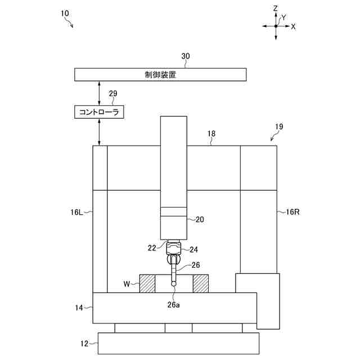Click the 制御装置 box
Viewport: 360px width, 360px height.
point(160,75)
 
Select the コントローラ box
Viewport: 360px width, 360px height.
point(99,112)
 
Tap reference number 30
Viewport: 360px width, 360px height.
point(186,56)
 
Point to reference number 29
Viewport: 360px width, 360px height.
point(113,93)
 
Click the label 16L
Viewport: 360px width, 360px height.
point(77,213)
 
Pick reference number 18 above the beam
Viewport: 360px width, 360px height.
point(211,134)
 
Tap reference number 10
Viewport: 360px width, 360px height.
point(65,12)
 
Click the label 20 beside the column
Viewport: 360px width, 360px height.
point(199,220)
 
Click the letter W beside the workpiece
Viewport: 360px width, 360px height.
point(127,283)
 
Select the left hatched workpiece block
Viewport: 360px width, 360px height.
point(147,283)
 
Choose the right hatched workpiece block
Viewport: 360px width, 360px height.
point(200,283)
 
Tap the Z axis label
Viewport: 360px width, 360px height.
point(276,8)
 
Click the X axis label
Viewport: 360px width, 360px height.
point(294,26)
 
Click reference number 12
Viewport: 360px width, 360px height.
point(84,343)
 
